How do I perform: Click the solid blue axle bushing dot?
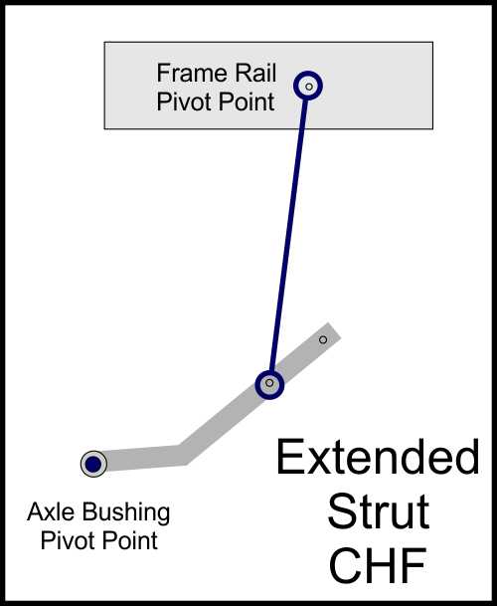[93, 464]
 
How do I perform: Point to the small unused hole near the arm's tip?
[323, 339]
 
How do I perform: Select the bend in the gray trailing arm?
[182, 454]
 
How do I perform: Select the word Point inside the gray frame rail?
[247, 101]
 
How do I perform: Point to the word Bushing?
[126, 513]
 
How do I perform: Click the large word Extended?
[378, 457]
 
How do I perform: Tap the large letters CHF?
[378, 565]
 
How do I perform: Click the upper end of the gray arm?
[334, 331]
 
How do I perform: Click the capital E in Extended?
[288, 457]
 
